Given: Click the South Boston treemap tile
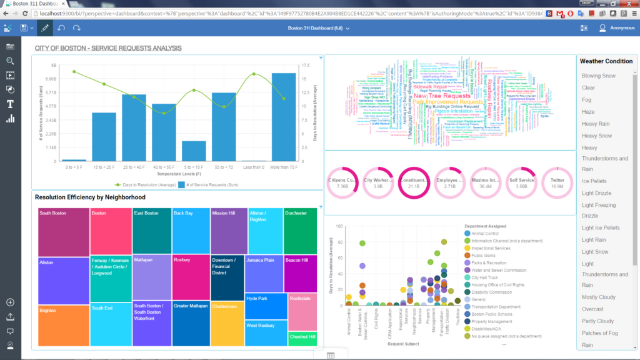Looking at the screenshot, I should (x=63, y=231).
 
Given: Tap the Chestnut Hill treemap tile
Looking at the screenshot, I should (x=302, y=338).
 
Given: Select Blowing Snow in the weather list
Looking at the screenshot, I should (x=599, y=76).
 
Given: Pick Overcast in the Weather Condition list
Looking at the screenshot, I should (x=592, y=309).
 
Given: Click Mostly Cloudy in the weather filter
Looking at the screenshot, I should (x=599, y=297).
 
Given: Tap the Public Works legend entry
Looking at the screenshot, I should (x=485, y=256).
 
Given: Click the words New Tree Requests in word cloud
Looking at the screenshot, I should (x=442, y=96).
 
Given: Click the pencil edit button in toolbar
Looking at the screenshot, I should (x=44, y=28).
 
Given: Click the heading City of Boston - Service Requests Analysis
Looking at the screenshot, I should (x=108, y=48).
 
